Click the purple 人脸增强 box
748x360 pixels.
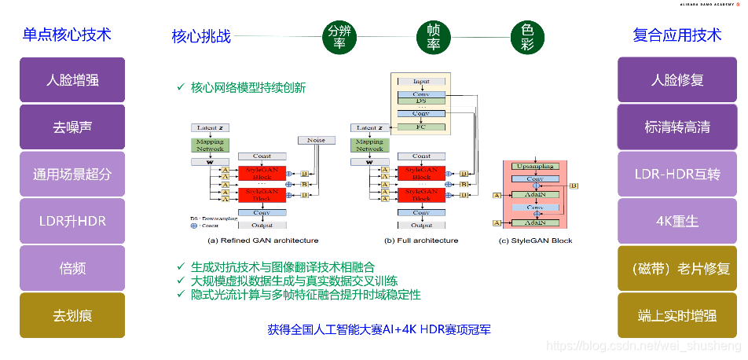pos(72,80)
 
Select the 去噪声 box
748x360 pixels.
pos(72,127)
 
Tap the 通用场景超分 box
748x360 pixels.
pos(72,174)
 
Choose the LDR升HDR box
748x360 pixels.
pos(72,222)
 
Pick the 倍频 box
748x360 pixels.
pos(72,269)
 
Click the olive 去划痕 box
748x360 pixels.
pos(72,316)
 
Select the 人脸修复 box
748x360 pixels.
pos(676,80)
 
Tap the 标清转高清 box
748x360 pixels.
pos(676,127)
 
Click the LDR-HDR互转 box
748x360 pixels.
pos(676,174)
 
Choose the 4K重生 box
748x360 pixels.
pos(676,222)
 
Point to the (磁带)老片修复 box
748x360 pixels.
pos(676,269)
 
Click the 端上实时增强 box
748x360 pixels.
pos(676,316)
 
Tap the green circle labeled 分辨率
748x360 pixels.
pos(339,36)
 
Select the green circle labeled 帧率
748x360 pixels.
pos(433,36)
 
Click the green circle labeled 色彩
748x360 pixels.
pos(527,36)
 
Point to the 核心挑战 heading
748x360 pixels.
pos(201,36)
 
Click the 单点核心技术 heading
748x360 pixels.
pos(66,35)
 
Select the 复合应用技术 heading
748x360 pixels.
pos(676,35)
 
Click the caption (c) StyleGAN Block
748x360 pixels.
pos(536,241)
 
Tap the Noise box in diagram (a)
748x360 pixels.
pos(316,140)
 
